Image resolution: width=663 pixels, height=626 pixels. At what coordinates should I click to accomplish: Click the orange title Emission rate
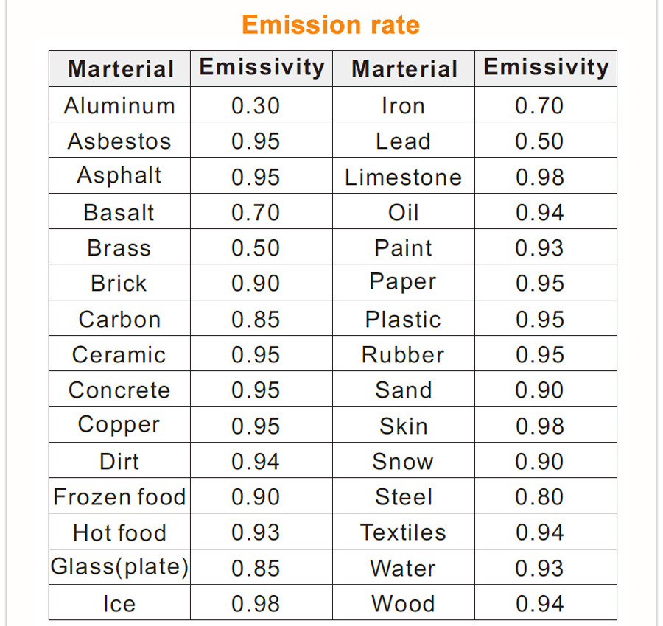coord(331,25)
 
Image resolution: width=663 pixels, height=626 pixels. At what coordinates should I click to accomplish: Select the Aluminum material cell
coord(119,106)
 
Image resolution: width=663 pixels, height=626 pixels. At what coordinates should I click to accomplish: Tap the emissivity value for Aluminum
coord(256,106)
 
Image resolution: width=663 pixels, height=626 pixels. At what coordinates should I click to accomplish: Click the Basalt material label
coord(119,213)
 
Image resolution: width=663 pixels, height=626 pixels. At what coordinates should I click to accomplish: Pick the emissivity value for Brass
coord(256,248)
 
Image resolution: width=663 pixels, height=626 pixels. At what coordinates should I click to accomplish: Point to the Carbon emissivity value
coord(256,320)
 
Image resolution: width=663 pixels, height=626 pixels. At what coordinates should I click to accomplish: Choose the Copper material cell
coord(119,426)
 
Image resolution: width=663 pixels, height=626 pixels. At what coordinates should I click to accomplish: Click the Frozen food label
coord(119,497)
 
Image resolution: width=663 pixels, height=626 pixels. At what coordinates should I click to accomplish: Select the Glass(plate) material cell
coord(119,568)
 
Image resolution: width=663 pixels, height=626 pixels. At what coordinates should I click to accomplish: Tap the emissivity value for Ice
coord(256,604)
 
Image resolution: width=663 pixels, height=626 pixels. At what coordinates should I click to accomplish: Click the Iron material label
coord(403,106)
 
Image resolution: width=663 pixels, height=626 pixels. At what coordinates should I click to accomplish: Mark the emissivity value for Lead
coord(539,141)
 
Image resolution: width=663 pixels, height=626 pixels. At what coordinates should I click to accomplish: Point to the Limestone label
coord(403,177)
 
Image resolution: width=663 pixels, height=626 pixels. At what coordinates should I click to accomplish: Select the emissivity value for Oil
coord(539,213)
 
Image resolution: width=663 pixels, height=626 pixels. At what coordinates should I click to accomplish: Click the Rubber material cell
coord(403,355)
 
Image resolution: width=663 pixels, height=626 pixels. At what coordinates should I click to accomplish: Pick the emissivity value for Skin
coord(539,426)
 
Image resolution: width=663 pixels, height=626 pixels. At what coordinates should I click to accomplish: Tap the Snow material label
coord(403,462)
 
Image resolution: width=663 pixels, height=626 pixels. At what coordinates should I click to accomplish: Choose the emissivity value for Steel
coord(539,497)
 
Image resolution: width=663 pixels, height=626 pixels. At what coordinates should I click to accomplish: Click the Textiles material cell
coord(403,532)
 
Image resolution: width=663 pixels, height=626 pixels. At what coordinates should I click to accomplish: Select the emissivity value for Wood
coord(539,604)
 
